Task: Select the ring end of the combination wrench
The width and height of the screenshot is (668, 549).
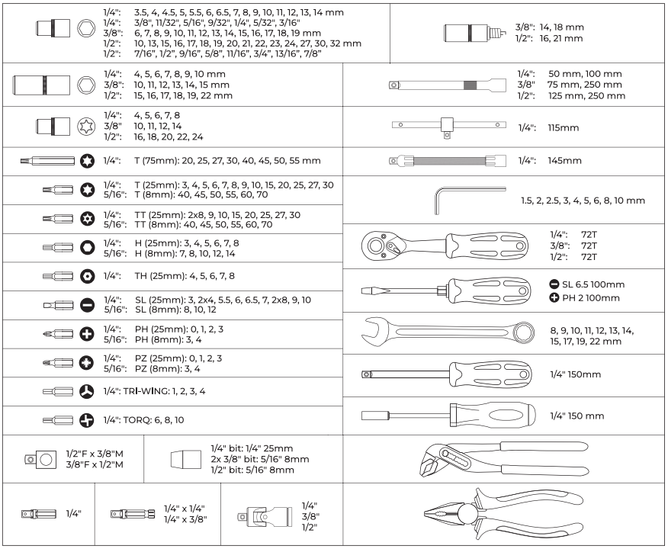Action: tap(524, 332)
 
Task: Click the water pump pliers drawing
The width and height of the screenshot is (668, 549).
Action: tap(503, 459)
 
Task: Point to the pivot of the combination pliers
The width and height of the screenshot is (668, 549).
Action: tap(467, 513)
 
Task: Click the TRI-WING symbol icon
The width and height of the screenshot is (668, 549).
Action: tap(86, 391)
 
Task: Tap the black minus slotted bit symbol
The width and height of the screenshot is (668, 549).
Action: tap(87, 305)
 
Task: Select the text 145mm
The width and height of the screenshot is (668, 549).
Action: tap(564, 161)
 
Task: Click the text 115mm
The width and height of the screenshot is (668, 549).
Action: tap(564, 128)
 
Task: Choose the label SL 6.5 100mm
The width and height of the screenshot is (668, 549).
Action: tap(593, 284)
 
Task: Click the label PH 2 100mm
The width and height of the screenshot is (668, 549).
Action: tap(591, 298)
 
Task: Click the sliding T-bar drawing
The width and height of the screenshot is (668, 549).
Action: tap(449, 126)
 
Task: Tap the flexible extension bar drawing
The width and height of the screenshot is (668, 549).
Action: tap(448, 161)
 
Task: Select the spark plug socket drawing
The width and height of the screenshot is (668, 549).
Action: tap(474, 33)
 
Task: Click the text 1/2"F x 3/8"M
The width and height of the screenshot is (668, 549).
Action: tap(95, 454)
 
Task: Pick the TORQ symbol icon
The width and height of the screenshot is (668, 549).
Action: tap(86, 420)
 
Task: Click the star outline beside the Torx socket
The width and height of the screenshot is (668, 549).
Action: tap(86, 127)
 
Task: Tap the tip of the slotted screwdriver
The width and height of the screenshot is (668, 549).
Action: tap(362, 291)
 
